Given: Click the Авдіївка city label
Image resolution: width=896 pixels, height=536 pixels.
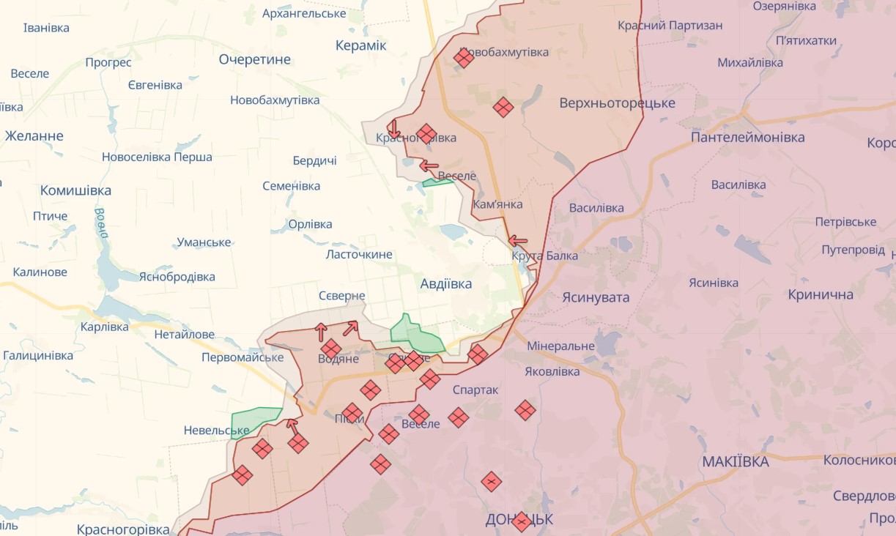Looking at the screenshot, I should point(446,283).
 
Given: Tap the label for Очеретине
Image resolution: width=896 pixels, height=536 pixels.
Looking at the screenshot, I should point(254,59).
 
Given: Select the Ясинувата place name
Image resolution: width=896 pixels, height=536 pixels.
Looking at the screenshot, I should point(596,297).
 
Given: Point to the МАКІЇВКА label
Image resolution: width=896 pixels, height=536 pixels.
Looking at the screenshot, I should point(736,461).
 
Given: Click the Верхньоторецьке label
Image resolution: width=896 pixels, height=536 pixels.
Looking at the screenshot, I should point(617,103).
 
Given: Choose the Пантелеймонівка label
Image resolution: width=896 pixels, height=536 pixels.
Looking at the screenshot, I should point(747,137).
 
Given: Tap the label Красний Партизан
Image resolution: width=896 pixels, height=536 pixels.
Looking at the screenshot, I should point(670,26).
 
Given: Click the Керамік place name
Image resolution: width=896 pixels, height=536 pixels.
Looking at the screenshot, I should point(360,45).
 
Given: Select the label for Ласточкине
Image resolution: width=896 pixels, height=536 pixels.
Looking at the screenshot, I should point(359,254).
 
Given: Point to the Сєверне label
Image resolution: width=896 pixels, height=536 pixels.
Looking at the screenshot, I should point(341,295).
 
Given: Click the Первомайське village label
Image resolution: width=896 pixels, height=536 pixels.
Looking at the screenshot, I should point(242,357).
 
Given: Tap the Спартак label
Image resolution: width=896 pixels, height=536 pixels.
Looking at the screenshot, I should point(475,390).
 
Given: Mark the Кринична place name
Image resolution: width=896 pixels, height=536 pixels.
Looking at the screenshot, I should point(821,294).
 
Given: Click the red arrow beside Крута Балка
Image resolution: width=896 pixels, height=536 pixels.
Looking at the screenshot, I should point(518,240).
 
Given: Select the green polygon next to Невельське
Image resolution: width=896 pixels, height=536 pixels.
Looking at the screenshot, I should point(255,420).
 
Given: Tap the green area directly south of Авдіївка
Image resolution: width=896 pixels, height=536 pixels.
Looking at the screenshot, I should point(416,335).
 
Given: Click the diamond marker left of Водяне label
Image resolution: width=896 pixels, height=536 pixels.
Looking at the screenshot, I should point(331,349).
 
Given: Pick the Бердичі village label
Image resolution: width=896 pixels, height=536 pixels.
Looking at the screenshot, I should point(314,160).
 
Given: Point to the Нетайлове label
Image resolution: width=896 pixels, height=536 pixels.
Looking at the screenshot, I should point(185,335).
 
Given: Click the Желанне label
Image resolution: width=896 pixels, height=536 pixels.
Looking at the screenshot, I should point(34,135).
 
